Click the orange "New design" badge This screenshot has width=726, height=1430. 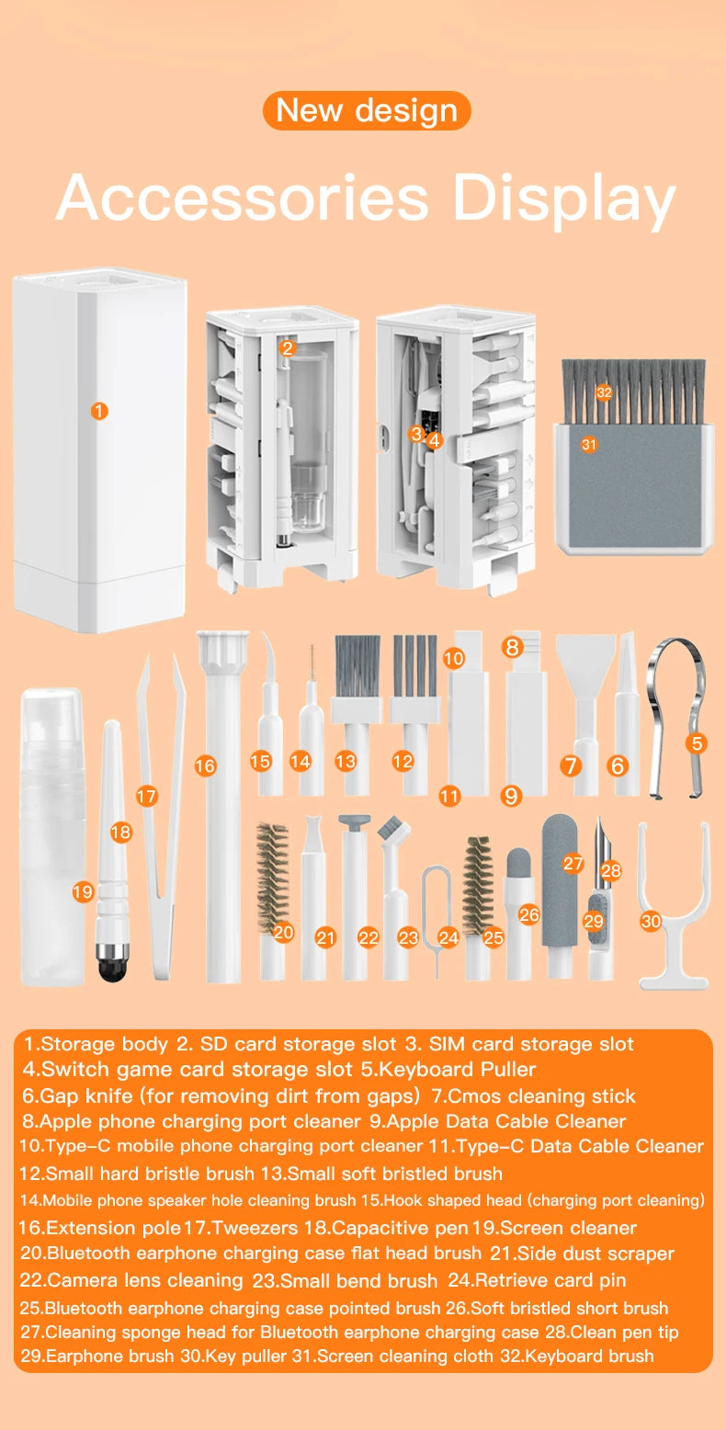pos(367,110)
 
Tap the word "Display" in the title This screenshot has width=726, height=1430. pos(563,198)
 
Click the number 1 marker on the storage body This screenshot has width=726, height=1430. pos(99,411)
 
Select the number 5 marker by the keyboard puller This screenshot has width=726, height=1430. pos(697,743)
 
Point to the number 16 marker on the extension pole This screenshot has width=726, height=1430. pos(205,766)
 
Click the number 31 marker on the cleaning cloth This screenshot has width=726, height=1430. pos(589,445)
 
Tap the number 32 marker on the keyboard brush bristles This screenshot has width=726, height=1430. pos(604,392)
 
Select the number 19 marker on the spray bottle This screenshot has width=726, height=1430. pos(83,891)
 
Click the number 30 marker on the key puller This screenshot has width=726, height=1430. pos(651,920)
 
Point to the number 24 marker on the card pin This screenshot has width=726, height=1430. pos(448,937)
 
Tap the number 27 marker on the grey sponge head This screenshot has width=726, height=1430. pos(573,863)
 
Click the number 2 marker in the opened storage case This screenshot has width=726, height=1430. pos(287,347)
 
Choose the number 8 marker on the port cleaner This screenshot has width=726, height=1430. pos(513,647)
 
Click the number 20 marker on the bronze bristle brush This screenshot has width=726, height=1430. pos(283,932)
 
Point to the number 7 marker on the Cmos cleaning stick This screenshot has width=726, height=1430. pos(572,765)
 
